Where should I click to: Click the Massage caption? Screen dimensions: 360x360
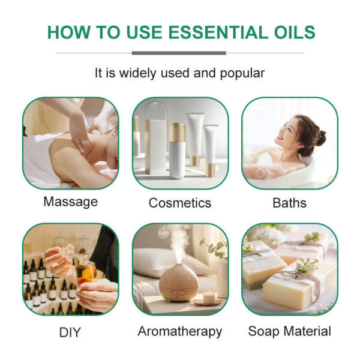[x=70, y=202]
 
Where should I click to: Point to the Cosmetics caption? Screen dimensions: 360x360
[x=180, y=203]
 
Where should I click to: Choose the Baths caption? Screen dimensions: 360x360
[x=289, y=203]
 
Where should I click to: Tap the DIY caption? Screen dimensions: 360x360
[x=70, y=331]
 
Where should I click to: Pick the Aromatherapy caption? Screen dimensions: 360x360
[x=180, y=331]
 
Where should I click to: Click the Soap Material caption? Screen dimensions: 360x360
[x=289, y=331]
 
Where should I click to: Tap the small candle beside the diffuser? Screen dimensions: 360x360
[x=210, y=296]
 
